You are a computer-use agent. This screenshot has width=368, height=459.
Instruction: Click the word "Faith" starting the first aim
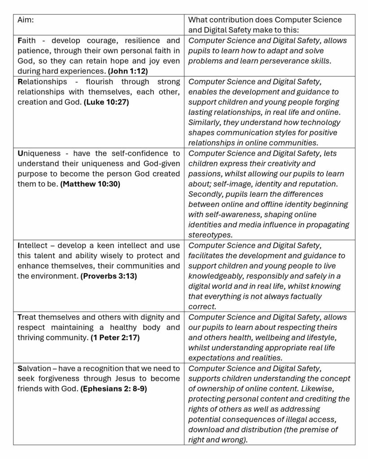click(27, 40)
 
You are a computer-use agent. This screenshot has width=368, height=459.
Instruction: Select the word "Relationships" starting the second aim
click(43, 81)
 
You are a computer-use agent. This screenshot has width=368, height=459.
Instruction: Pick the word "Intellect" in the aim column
click(34, 246)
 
